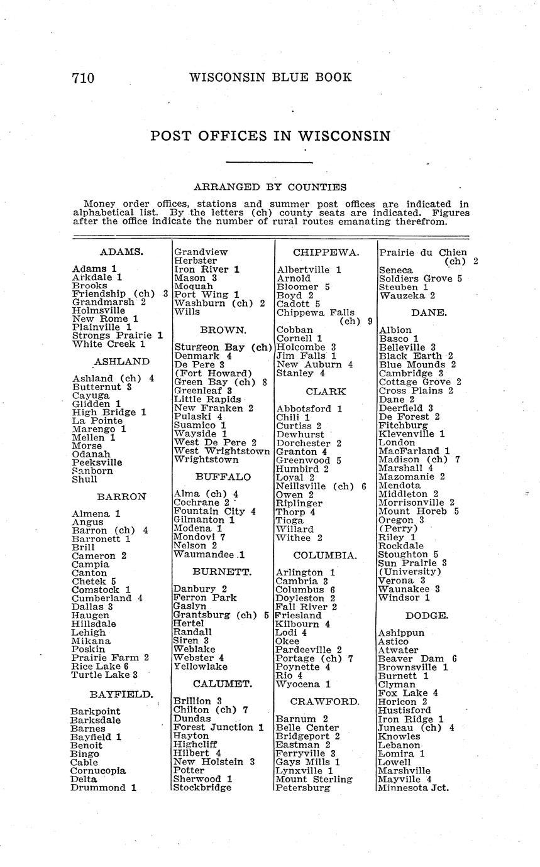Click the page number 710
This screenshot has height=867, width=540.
point(83,78)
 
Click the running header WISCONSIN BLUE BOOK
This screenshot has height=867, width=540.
point(270,77)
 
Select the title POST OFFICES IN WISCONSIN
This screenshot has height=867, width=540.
point(270,136)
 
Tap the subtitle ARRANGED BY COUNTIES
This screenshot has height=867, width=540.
point(270,187)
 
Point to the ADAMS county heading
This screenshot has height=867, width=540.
point(121,253)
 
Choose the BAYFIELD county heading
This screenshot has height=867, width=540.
point(121,694)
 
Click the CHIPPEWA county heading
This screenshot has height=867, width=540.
point(326,253)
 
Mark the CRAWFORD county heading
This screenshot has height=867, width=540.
point(325,701)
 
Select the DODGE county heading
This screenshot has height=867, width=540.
point(427,616)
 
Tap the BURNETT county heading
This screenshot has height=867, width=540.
point(222,572)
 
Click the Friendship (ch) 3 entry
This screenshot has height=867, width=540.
point(119,293)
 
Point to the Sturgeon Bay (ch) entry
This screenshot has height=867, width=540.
point(223,347)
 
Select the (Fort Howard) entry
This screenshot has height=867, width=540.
point(213,373)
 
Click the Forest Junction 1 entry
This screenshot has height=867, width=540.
point(218,728)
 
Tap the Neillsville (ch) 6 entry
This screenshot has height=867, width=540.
point(321,486)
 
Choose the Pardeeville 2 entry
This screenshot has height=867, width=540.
point(309,650)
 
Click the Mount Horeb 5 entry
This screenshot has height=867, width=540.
point(419,511)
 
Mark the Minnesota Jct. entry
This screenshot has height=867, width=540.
point(413,787)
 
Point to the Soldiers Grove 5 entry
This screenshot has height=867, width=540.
point(421,278)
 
